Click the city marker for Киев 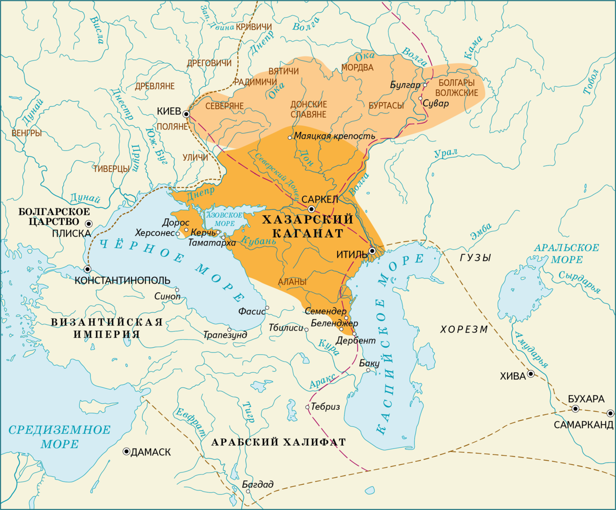[186, 114]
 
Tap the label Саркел [319, 199]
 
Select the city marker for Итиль [372, 251]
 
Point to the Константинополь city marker [88, 269]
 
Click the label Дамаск [151, 452]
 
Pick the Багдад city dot [248, 492]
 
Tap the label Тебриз [325, 407]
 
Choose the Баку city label [369, 363]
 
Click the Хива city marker [530, 374]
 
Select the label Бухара [586, 399]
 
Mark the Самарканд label [583, 425]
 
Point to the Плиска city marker [89, 223]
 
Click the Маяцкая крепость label [334, 137]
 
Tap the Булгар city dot [425, 85]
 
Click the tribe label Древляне [155, 86]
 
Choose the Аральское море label [566, 253]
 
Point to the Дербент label [356, 341]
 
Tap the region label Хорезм [464, 329]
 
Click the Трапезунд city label [225, 335]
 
